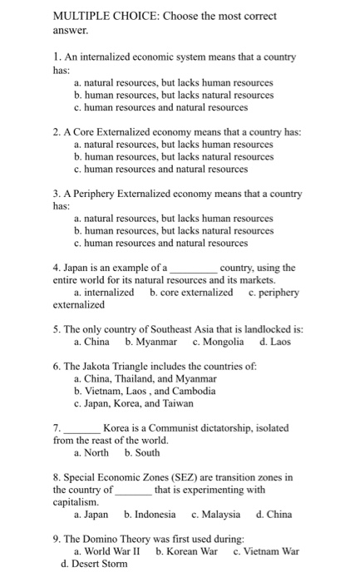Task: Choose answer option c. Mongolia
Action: (218, 341)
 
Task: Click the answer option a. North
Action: (94, 453)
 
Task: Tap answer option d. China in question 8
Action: (274, 515)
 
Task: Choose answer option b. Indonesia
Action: (150, 515)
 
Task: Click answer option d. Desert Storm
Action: (95, 564)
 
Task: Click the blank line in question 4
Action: (193, 269)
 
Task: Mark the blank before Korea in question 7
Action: (82, 429)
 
